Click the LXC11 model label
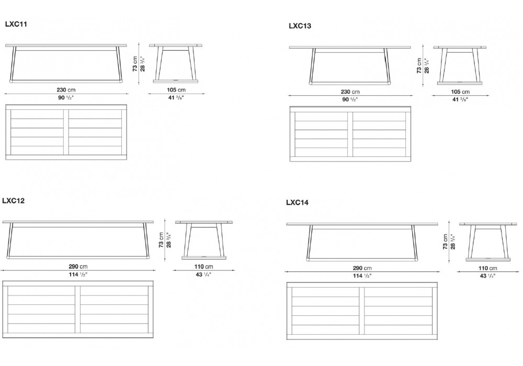pyautogui.click(x=16, y=24)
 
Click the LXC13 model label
pyautogui.click(x=300, y=26)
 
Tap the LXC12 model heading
pyautogui.click(x=14, y=201)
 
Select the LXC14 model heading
pyautogui.click(x=297, y=202)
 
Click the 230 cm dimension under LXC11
pyautogui.click(x=66, y=89)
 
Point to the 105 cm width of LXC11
pyautogui.click(x=176, y=89)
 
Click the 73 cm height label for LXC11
pyautogui.click(x=135, y=64)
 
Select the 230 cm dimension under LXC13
pyautogui.click(x=350, y=92)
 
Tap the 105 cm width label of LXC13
pyautogui.click(x=460, y=92)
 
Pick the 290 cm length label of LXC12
pyautogui.click(x=78, y=266)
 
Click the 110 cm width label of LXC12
pyautogui.click(x=203, y=266)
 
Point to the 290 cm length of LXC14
pyautogui.click(x=362, y=268)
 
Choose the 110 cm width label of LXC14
pyautogui.click(x=487, y=268)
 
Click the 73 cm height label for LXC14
pyautogui.click(x=445, y=242)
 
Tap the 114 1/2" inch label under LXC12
pyautogui.click(x=78, y=274)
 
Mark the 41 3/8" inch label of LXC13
pyautogui.click(x=460, y=99)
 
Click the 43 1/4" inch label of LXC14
pyautogui.click(x=487, y=276)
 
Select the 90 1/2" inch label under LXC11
pyautogui.click(x=66, y=98)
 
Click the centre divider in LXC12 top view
pyautogui.click(x=78, y=310)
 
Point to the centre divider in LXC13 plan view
pyautogui.click(x=350, y=134)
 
